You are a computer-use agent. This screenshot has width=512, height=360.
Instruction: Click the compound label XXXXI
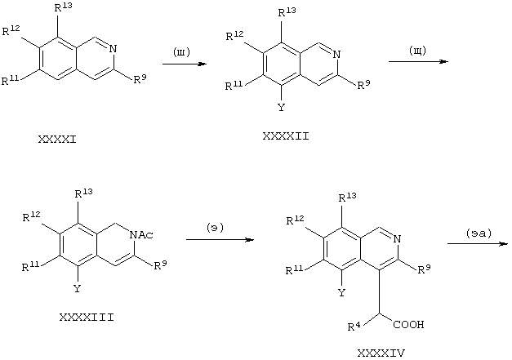point(57,140)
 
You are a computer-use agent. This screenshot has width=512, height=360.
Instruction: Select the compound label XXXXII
point(286,136)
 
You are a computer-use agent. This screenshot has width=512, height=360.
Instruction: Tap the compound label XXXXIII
point(87,318)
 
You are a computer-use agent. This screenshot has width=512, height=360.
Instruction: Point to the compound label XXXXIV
point(381,353)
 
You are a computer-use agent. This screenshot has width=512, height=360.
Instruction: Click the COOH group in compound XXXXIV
point(408,324)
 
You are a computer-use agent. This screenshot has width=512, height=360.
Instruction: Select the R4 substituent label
point(355,326)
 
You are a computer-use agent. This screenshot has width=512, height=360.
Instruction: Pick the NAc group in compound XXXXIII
point(141,234)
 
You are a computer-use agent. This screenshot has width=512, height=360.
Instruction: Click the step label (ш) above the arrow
point(181,52)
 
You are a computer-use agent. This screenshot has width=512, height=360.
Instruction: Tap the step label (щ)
point(417,51)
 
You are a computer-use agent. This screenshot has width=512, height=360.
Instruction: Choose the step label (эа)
point(479,233)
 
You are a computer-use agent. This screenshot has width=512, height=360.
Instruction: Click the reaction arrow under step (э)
point(220,240)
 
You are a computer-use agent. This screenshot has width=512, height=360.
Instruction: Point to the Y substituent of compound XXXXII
point(281,108)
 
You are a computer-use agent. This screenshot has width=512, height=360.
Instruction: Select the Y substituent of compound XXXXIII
point(77,288)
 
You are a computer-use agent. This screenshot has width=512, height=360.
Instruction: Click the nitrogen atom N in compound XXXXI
point(113,49)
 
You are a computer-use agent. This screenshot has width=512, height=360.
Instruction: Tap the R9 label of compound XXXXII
point(363,85)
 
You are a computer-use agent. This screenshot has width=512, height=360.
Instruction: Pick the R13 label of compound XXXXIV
point(347,197)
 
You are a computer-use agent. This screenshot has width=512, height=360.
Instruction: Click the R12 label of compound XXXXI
point(11,30)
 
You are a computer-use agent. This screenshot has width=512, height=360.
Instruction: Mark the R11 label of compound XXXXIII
point(31,266)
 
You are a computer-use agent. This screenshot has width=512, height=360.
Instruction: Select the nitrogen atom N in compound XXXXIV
point(397,239)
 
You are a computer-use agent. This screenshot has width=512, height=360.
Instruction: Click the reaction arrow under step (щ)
point(419,61)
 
